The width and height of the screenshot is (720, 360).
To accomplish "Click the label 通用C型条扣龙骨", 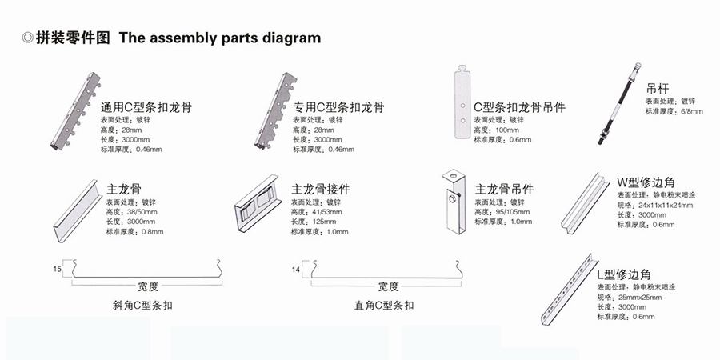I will pyautogui.click(x=146, y=106).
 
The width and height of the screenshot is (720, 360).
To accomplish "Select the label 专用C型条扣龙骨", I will pyautogui.click(x=338, y=106).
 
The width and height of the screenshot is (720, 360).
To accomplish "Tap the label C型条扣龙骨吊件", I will pyautogui.click(x=519, y=106).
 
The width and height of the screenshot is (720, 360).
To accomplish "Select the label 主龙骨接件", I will pyautogui.click(x=321, y=189).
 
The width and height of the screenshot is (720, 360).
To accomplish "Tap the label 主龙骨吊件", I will pyautogui.click(x=504, y=190).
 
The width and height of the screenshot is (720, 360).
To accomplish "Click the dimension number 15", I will pyautogui.click(x=57, y=270).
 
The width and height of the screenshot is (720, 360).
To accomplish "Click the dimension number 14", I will pyautogui.click(x=296, y=270).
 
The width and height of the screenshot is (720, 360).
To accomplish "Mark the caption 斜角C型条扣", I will pyautogui.click(x=143, y=305).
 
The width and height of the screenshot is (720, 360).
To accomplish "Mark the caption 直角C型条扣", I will pyautogui.click(x=384, y=305).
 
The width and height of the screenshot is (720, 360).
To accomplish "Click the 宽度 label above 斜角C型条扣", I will pyautogui.click(x=148, y=286).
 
